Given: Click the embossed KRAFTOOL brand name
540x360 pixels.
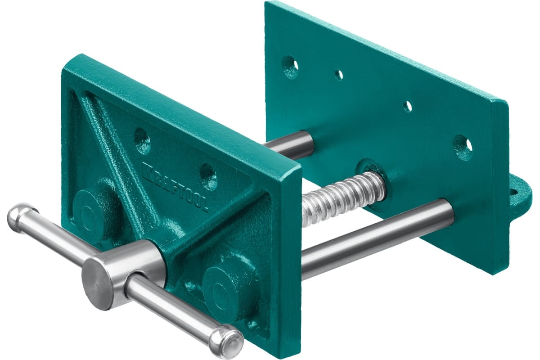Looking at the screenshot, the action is click(x=175, y=187).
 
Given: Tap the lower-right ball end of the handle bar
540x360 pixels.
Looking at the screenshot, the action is click(x=227, y=337).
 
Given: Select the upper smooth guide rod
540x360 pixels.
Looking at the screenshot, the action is click(x=289, y=146).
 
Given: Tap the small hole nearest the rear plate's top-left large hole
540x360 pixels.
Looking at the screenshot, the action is click(x=339, y=75).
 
